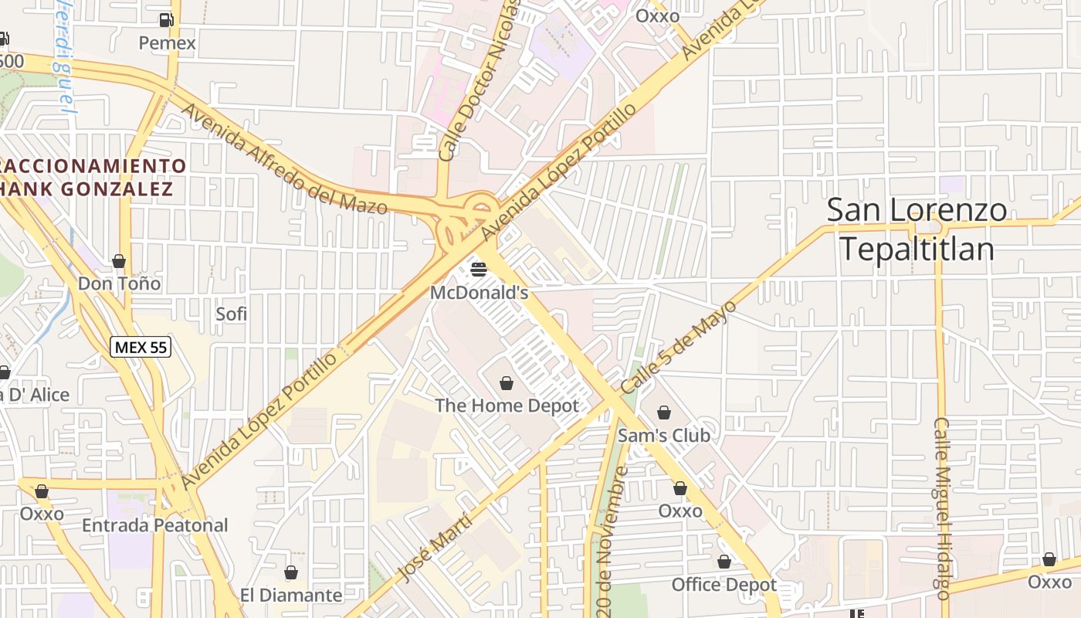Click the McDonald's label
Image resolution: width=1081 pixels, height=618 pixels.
click(x=479, y=293)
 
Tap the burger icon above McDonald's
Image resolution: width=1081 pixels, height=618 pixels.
click(x=479, y=270)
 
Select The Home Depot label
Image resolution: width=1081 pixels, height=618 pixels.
click(x=507, y=406)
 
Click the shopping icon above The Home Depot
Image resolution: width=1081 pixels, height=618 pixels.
click(x=507, y=383)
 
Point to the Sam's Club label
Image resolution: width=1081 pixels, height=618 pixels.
click(x=663, y=435)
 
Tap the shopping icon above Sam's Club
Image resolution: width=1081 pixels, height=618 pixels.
click(x=663, y=413)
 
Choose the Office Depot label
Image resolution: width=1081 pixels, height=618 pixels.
click(x=723, y=585)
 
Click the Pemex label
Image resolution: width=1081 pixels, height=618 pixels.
click(x=167, y=43)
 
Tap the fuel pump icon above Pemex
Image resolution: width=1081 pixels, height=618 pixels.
click(x=166, y=20)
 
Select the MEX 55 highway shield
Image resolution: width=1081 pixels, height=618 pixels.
click(x=140, y=348)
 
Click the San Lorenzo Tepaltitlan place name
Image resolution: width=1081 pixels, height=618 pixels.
click(x=917, y=229)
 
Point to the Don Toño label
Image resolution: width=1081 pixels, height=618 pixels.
click(x=119, y=284)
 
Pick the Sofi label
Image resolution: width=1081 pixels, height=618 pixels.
click(x=231, y=314)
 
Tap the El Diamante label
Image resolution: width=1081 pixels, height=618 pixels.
click(x=291, y=595)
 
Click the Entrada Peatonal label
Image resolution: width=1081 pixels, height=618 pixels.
click(x=155, y=525)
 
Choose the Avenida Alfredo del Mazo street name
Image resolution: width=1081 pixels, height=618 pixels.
click(x=283, y=158)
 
